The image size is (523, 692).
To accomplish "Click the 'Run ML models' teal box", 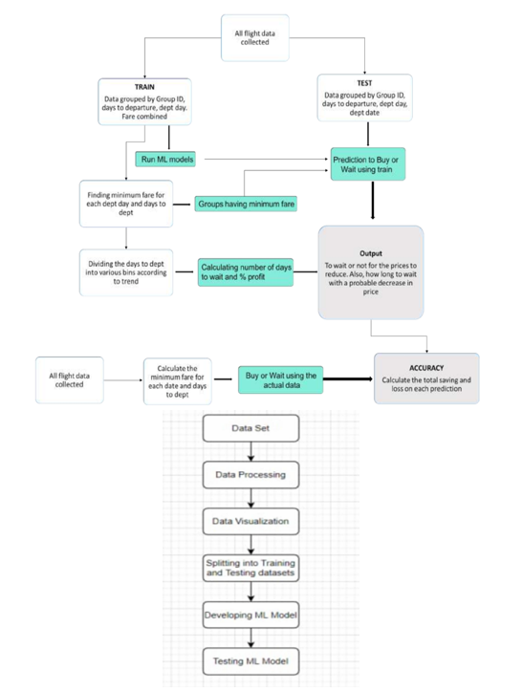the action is [165, 160].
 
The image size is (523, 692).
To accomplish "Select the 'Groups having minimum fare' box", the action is [246, 204].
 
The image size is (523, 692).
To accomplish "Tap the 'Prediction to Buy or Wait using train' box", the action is [368, 164].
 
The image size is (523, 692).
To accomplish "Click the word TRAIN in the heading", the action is [144, 87].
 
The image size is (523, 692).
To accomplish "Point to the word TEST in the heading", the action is [364, 83].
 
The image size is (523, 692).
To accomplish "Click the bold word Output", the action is [371, 253].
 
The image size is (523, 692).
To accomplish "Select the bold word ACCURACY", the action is [426, 368].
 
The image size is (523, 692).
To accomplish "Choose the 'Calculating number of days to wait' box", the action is [246, 272].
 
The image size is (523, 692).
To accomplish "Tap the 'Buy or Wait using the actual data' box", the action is [281, 380].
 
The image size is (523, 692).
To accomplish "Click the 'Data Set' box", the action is [251, 428].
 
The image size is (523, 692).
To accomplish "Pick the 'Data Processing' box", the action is [251, 475].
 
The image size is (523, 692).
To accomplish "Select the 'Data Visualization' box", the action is [251, 522].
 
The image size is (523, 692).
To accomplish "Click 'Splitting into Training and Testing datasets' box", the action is [251, 568].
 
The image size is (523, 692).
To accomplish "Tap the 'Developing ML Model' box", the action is [251, 615].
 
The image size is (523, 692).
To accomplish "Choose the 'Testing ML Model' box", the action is [251, 661].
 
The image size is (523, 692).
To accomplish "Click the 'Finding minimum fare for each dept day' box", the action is [126, 204].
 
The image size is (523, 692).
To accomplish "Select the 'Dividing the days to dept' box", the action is [126, 272].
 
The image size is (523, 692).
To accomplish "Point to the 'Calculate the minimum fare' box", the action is [178, 381].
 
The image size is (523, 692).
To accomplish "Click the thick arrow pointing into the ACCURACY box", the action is [348, 379].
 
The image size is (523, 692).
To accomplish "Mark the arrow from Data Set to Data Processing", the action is [251, 451].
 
